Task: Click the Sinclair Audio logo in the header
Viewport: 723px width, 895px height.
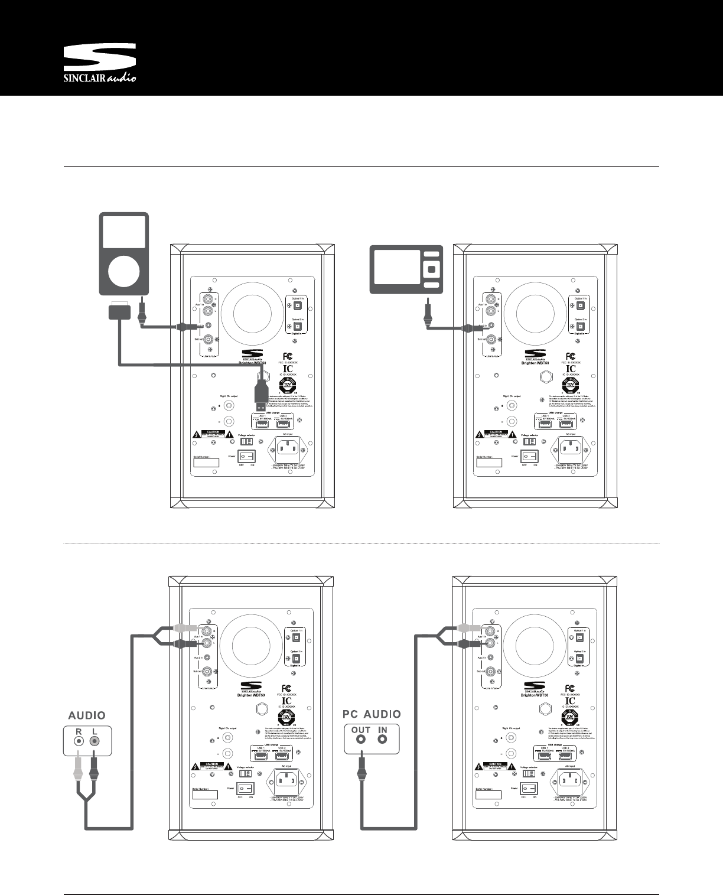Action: [100, 64]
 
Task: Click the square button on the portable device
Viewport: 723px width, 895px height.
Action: [431, 269]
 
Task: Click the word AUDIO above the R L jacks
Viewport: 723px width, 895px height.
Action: [87, 715]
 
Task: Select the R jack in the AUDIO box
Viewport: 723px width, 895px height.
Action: [77, 739]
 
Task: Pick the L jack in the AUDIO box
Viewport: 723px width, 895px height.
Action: [93, 739]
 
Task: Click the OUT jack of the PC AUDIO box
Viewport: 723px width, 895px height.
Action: [359, 740]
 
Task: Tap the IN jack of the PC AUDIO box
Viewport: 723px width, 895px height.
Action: [383, 740]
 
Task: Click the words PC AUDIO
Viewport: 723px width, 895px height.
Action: [372, 714]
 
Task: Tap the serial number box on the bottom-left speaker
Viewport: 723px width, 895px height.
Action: [204, 795]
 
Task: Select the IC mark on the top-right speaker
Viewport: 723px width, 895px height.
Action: [571, 368]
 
